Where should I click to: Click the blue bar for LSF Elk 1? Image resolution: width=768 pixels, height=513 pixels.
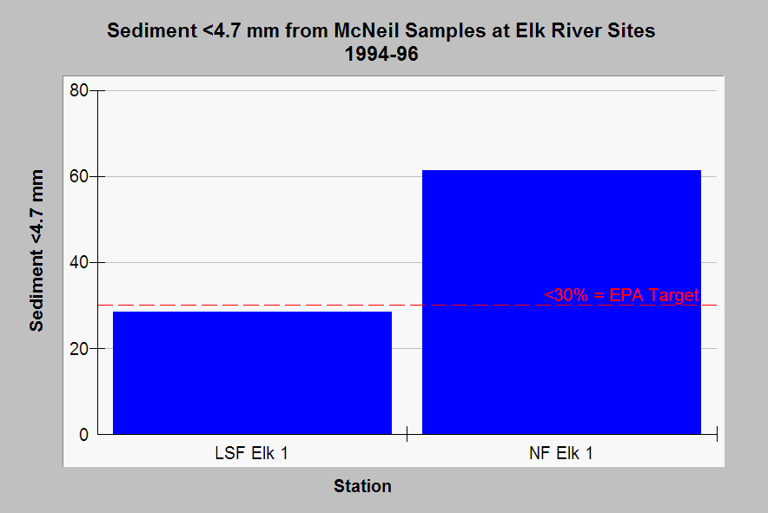(x=252, y=372)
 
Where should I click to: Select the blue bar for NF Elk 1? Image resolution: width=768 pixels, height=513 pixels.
(x=561, y=302)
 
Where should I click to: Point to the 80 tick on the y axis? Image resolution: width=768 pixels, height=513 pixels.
(x=79, y=90)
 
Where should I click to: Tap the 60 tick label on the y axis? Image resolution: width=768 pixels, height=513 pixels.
(x=79, y=176)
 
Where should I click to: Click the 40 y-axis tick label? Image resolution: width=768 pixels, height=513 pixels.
(x=79, y=262)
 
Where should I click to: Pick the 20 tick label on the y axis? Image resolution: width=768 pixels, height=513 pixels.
(x=79, y=349)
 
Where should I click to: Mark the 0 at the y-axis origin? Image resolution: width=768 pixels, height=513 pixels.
(x=83, y=435)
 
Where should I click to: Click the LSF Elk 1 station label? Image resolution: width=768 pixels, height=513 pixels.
(x=251, y=453)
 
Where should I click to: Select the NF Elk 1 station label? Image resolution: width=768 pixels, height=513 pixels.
(x=561, y=453)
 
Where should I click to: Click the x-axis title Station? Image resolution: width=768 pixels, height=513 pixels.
(x=362, y=486)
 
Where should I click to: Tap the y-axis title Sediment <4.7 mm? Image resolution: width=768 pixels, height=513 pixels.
(x=36, y=251)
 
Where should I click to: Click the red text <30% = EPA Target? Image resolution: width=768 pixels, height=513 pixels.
(x=621, y=295)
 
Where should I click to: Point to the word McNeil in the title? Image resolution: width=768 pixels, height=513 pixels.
(x=367, y=30)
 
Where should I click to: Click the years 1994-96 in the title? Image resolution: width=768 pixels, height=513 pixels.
(x=381, y=54)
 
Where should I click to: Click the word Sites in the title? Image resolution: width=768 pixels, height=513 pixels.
(x=632, y=30)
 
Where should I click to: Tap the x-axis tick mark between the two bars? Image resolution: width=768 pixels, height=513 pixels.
(x=407, y=434)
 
